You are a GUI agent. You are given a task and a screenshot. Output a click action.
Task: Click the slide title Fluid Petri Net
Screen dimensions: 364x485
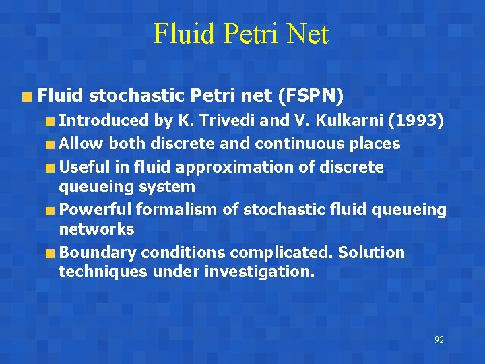240,34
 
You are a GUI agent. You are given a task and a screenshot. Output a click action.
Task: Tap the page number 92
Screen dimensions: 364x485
439,340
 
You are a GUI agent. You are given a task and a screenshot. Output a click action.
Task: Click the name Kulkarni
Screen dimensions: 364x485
335,121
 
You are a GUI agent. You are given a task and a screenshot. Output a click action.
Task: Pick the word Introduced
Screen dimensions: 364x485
103,121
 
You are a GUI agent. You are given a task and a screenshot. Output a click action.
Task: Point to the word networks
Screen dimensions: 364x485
96,229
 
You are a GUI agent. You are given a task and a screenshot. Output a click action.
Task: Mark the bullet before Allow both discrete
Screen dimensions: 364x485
51,144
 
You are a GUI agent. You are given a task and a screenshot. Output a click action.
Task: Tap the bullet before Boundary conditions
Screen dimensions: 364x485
51,253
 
